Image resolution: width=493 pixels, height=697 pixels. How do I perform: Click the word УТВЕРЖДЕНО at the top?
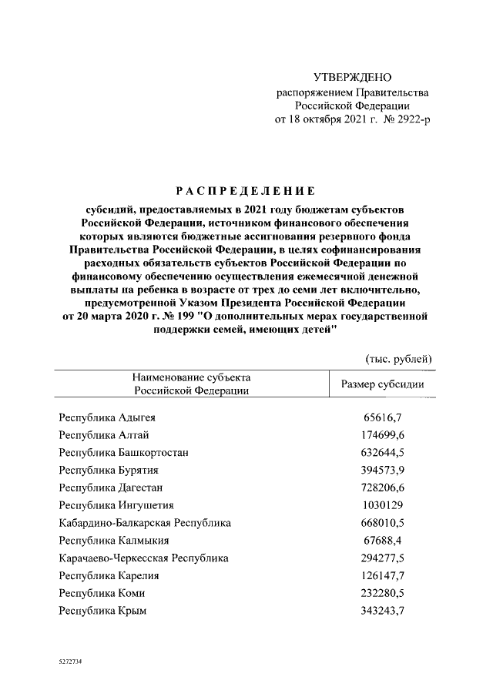[x=353, y=78]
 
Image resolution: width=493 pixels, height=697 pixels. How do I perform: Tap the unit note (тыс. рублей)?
[x=397, y=357]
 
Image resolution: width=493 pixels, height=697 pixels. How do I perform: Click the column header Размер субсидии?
[x=383, y=384]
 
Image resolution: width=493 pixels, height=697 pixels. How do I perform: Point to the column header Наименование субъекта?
[x=192, y=377]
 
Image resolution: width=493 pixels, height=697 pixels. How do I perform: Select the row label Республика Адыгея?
[x=107, y=417]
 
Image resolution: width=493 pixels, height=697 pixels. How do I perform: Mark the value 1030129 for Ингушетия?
[x=384, y=505]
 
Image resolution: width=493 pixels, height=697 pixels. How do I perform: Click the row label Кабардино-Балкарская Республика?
[x=145, y=523]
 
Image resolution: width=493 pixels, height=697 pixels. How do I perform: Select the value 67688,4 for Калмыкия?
[x=384, y=541]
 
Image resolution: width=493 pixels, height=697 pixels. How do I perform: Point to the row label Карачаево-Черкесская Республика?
[x=143, y=558]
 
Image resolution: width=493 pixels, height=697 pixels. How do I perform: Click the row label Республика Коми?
[x=102, y=593]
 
